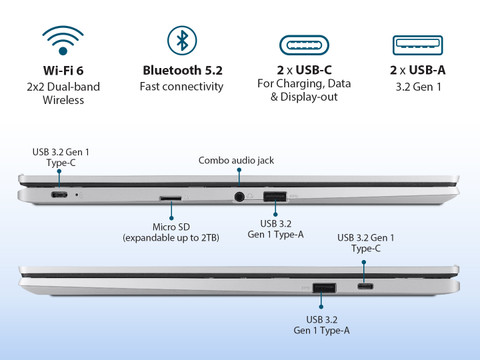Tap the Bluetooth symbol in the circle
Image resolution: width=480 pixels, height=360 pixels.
pos(182,40)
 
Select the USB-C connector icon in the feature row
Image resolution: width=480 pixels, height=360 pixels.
pos(304,45)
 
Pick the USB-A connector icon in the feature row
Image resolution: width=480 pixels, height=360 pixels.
pos(418,45)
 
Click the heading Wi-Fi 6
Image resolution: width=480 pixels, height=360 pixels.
pos(63,70)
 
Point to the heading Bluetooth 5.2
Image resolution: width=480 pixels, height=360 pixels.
pos(182,70)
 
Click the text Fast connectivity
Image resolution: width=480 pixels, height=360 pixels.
pos(181,87)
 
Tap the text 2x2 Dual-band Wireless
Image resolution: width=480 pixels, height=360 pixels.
pos(63,93)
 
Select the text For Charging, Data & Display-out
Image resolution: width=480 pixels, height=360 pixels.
pos(304,90)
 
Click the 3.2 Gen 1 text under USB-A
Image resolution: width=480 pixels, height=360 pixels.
pos(418,87)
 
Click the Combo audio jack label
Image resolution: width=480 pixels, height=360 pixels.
pos(236,160)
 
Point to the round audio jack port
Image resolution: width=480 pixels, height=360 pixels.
pos(239,197)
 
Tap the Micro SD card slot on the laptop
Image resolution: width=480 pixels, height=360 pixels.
pos(171,198)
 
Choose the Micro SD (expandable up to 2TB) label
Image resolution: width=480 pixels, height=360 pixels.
pos(171,232)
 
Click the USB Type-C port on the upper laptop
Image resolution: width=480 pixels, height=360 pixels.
pos(59,195)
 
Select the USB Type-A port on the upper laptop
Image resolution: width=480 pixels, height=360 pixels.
pos(275,196)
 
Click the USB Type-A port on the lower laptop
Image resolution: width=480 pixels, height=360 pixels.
pos(324,288)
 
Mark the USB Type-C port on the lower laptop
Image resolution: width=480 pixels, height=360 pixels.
pos(365,286)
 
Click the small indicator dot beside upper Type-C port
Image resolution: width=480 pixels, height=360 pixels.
pos(77,194)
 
